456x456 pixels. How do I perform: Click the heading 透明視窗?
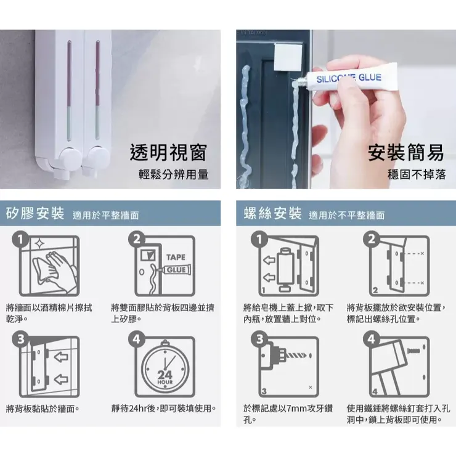pyautogui.click(x=168, y=152)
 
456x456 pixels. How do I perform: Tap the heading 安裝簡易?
pyautogui.click(x=406, y=152)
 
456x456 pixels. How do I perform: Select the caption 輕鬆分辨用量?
pyautogui.click(x=173, y=174)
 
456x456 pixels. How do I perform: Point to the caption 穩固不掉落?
pyautogui.click(x=416, y=174)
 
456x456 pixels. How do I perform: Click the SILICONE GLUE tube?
pyautogui.click(x=349, y=81)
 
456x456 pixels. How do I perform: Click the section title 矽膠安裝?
pyautogui.click(x=35, y=214)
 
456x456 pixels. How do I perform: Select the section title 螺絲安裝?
pyautogui.click(x=272, y=214)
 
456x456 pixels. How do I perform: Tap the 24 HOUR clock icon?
pyautogui.click(x=165, y=368)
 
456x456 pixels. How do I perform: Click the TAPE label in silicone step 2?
pyautogui.click(x=175, y=257)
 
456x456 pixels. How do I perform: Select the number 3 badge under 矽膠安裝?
pyautogui.click(x=22, y=339)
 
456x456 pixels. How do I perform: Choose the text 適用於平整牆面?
pyautogui.click(x=105, y=216)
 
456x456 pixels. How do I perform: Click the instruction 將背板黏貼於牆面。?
pyautogui.click(x=43, y=409)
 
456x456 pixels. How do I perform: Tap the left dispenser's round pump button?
pyautogui.click(x=69, y=161)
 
